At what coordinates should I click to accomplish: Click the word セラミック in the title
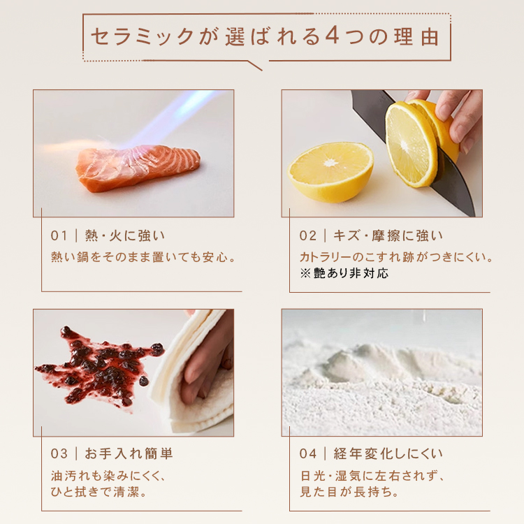(142, 36)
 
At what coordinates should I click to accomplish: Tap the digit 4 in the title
(332, 36)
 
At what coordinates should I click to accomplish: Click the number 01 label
(59, 235)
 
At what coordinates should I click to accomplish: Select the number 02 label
(307, 235)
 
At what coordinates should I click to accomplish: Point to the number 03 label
(59, 453)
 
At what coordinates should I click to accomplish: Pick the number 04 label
(308, 453)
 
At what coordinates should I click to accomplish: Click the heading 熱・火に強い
(124, 235)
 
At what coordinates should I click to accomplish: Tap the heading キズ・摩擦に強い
(388, 235)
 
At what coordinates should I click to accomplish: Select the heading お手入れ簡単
(129, 453)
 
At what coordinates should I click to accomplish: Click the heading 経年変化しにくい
(388, 453)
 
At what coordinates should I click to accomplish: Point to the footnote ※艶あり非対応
(344, 273)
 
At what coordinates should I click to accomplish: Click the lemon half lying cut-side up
(330, 172)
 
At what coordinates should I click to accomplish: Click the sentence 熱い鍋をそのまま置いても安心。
(144, 257)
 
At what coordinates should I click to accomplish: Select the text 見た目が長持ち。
(349, 492)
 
